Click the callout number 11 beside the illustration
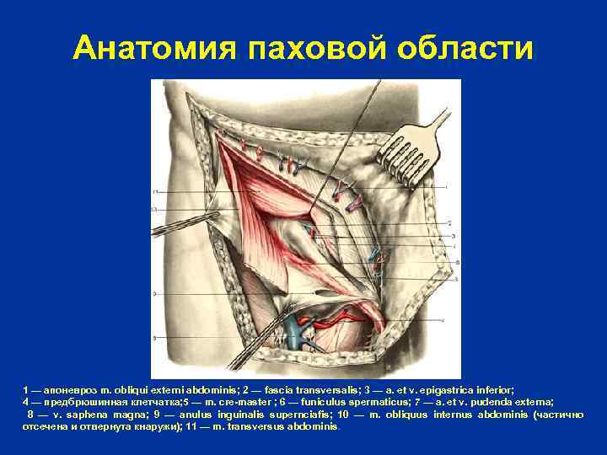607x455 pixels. [x=155, y=194]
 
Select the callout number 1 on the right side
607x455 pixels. [x=447, y=185]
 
